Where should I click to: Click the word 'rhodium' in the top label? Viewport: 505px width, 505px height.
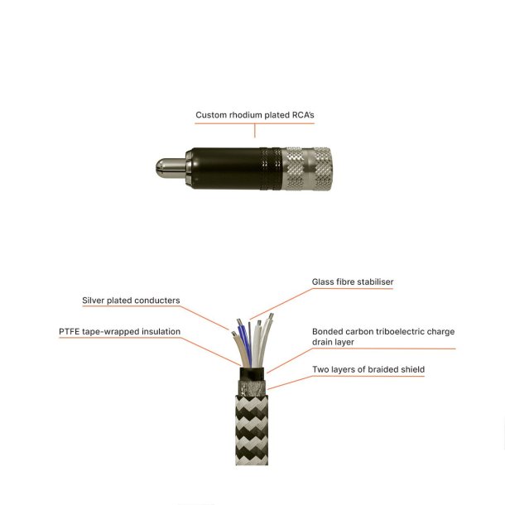[244, 115]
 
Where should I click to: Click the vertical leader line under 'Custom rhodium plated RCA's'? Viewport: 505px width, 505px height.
[256, 130]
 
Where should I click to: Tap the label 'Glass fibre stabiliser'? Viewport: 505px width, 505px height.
[352, 282]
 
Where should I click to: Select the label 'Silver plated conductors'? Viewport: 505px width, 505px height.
[131, 301]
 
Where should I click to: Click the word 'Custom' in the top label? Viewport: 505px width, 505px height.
[209, 115]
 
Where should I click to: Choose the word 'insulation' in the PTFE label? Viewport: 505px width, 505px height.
[157, 332]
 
